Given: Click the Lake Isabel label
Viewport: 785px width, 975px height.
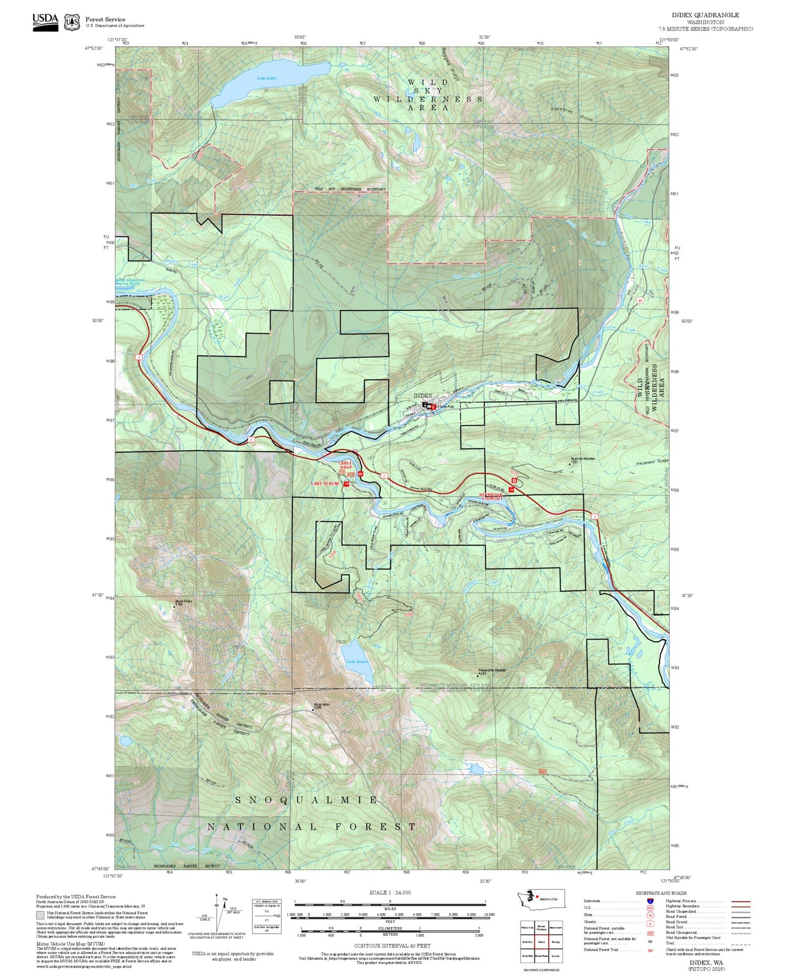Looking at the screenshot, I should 267,78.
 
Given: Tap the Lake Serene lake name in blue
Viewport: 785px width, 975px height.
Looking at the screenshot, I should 357,661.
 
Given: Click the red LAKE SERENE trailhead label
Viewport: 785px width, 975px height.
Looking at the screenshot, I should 325,483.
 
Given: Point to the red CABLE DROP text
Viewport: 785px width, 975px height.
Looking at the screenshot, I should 346,465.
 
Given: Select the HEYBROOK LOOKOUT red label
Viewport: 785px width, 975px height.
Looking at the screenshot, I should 491,496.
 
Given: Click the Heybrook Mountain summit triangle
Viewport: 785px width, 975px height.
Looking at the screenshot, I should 569,464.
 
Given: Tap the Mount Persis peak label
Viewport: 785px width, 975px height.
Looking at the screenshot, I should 183,602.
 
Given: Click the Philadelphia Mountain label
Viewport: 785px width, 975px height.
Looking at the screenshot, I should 492,670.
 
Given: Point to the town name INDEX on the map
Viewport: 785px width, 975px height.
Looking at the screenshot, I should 423,396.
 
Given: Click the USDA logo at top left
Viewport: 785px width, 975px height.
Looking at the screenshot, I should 45,20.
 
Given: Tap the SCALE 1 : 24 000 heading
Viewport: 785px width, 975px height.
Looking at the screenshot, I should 390,893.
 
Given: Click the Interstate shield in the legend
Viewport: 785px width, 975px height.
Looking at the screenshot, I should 650,901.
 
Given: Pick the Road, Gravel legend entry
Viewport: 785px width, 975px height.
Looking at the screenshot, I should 676,922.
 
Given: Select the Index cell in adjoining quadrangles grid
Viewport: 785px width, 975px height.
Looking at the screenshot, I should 541,942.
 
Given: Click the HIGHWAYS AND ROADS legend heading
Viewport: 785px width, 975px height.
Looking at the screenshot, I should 661,893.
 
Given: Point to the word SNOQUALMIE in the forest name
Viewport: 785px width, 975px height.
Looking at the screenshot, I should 307,800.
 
